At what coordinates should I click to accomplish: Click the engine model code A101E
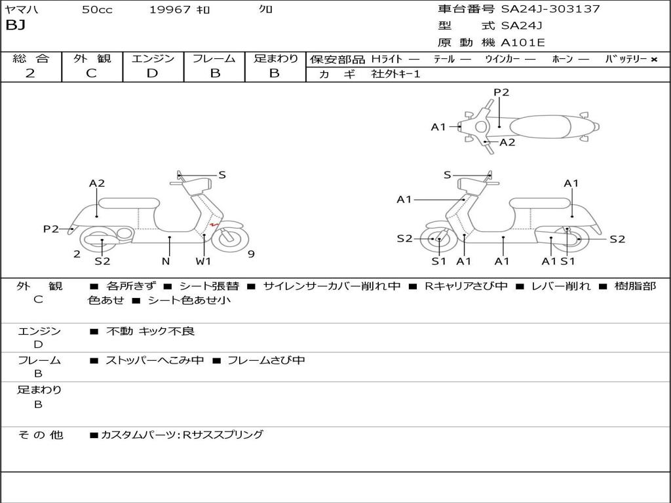coord(522,43)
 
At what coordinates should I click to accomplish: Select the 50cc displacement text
coord(97,10)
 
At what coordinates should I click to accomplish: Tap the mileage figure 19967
coord(170,10)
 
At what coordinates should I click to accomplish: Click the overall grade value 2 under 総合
coord(30,73)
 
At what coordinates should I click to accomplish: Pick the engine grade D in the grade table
coord(152,73)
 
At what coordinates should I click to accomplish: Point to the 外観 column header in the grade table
coord(92,58)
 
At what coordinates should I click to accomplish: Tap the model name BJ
coord(15,26)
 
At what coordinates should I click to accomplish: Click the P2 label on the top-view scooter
coord(501,92)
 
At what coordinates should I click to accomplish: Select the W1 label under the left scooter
coord(204,261)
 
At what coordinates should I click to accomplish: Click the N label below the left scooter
coord(166,261)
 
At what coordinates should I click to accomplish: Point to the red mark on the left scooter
coord(214,226)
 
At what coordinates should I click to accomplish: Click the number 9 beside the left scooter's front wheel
coord(251,254)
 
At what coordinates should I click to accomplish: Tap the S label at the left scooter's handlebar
coord(222,175)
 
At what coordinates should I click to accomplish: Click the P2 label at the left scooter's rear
coord(51,229)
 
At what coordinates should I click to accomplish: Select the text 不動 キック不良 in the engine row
coord(150,331)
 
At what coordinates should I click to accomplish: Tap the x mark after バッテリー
coord(653,59)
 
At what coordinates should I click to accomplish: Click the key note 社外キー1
coord(396,74)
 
